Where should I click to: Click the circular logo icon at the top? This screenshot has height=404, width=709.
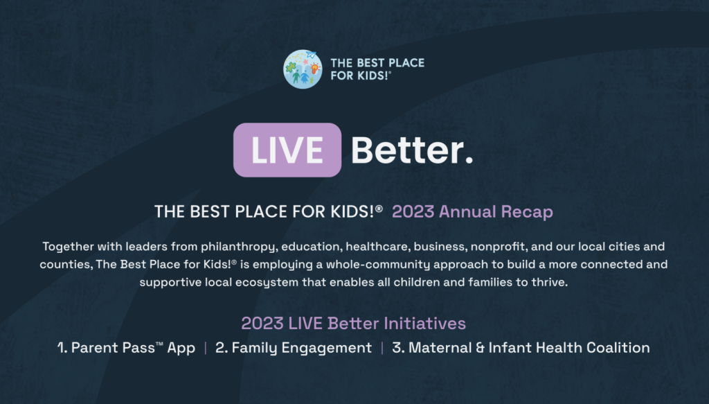point(303,69)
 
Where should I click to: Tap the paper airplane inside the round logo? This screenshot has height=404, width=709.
point(311,55)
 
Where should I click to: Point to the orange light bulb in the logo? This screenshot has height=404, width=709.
point(315,69)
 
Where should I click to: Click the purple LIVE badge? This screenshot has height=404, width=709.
point(287,150)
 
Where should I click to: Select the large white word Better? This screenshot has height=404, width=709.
point(412,150)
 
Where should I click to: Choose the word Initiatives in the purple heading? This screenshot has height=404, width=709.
point(424,324)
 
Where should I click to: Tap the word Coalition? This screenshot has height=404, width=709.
point(618,347)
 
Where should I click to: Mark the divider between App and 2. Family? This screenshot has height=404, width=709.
point(205,348)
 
